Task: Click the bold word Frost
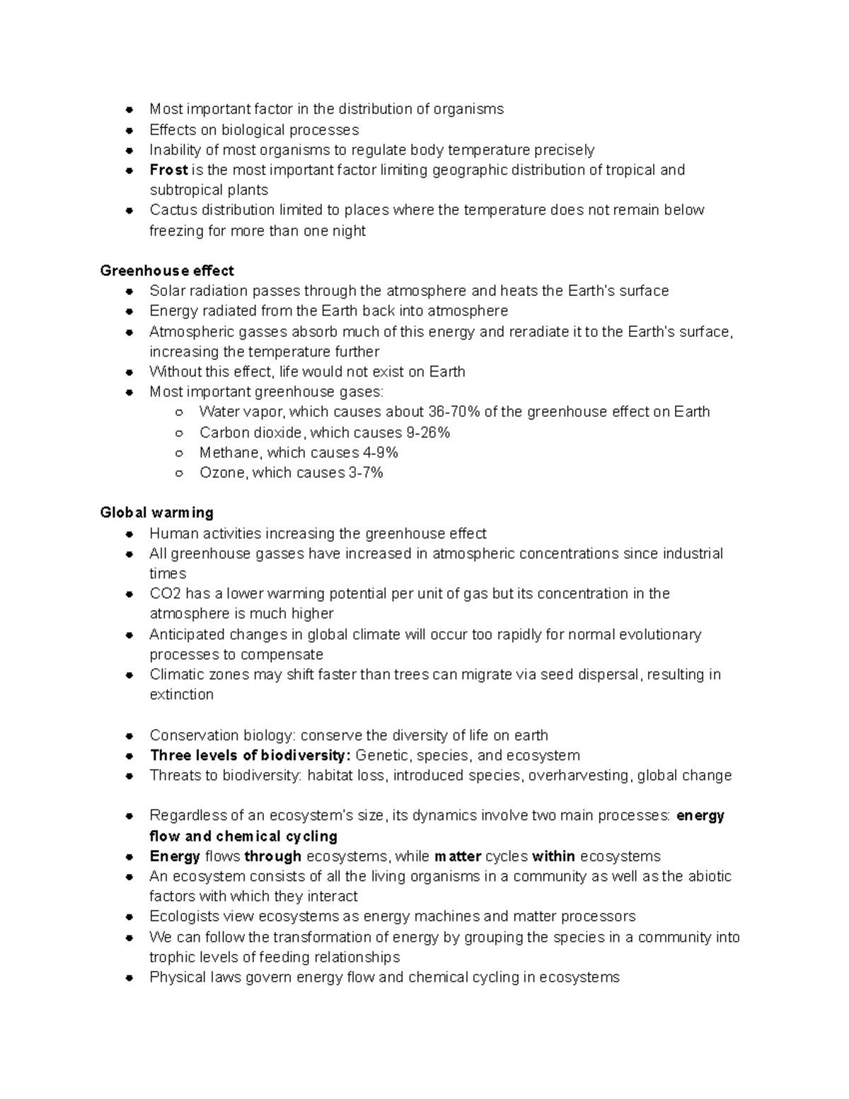point(168,170)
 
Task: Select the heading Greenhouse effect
point(167,270)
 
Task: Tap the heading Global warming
point(156,512)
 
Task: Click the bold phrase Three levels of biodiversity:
point(250,755)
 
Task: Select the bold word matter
point(458,856)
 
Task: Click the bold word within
point(553,856)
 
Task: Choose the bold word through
point(273,856)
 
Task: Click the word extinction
point(181,694)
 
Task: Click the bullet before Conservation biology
point(129,736)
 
